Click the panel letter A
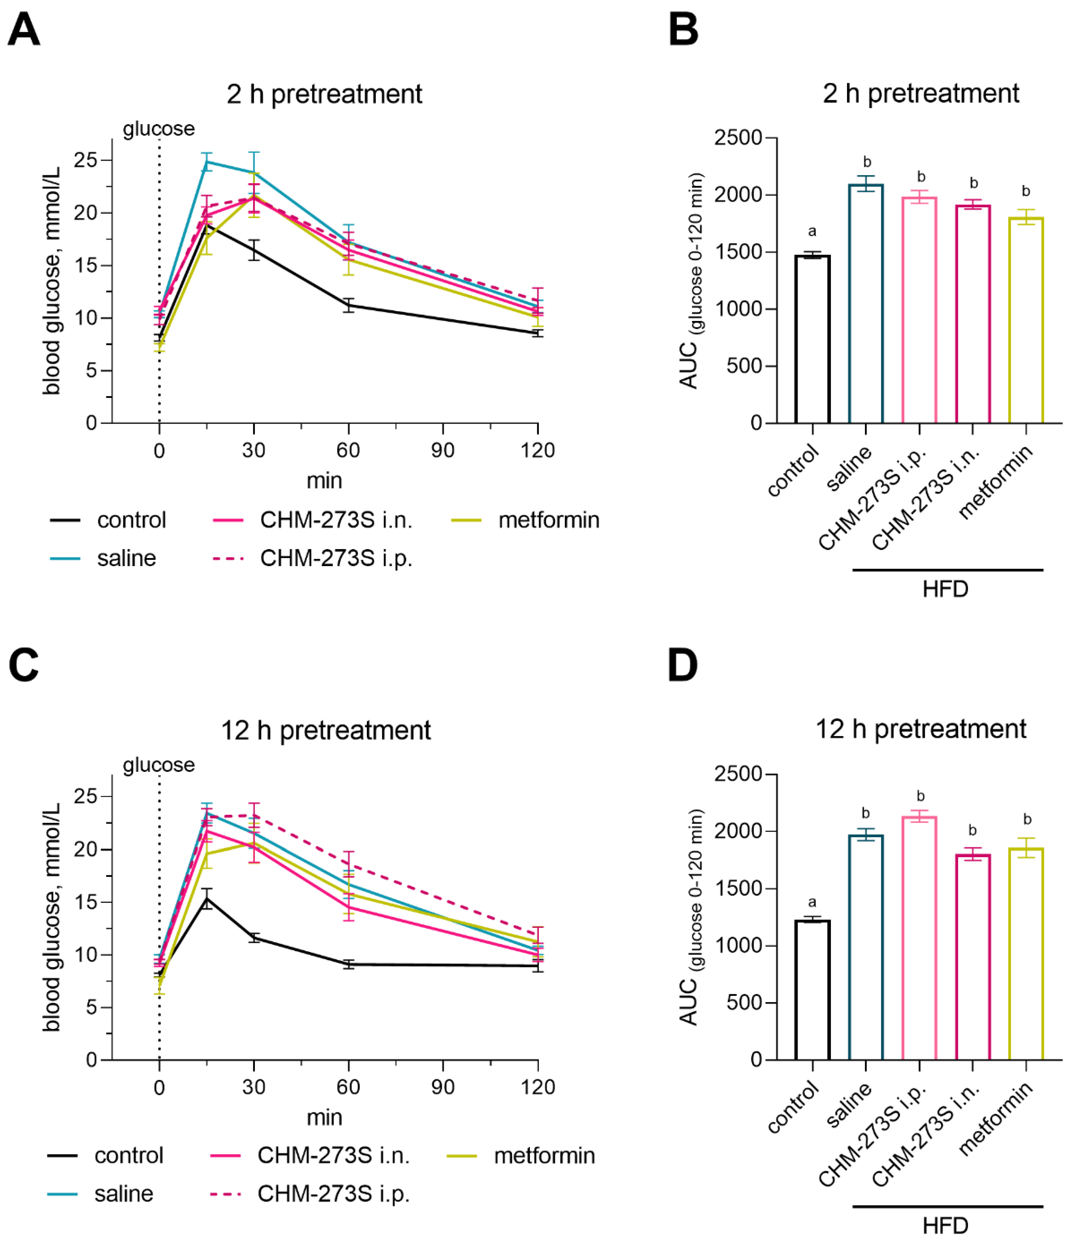24,30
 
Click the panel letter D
682,666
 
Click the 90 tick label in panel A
443,450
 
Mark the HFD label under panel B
945,590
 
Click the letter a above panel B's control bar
811,231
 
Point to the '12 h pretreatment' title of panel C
326,730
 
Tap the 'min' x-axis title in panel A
324,480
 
